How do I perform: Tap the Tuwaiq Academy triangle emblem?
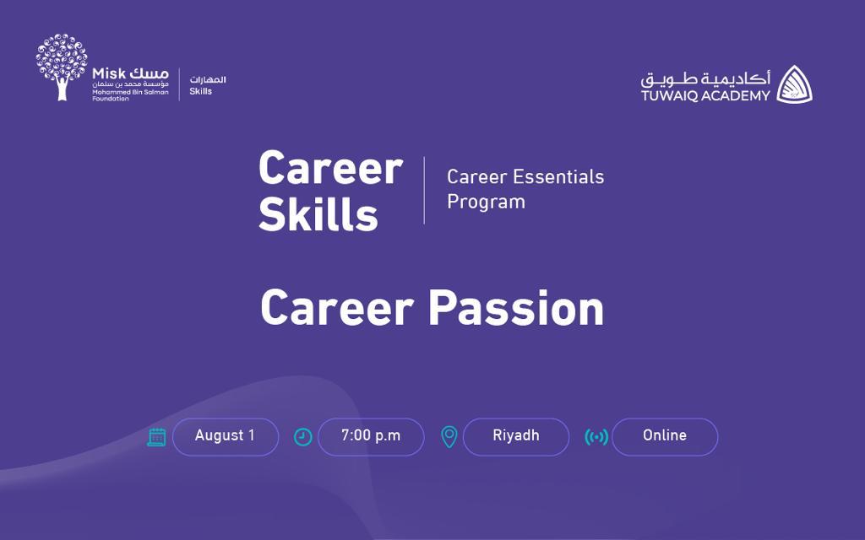794,84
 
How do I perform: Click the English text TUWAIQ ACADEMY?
705,96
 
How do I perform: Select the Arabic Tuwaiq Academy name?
705,78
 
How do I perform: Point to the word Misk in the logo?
109,73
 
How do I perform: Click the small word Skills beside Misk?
201,91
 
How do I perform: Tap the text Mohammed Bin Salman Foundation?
130,95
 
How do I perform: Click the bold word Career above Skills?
330,168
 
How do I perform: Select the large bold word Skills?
318,213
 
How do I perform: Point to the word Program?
486,202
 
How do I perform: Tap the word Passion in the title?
516,307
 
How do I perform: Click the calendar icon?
156,437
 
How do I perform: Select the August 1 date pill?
225,436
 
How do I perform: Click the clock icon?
303,437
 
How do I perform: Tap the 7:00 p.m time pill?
371,436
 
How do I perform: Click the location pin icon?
449,437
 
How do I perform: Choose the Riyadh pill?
516,436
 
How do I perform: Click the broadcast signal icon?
596,438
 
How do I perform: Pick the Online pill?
665,436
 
